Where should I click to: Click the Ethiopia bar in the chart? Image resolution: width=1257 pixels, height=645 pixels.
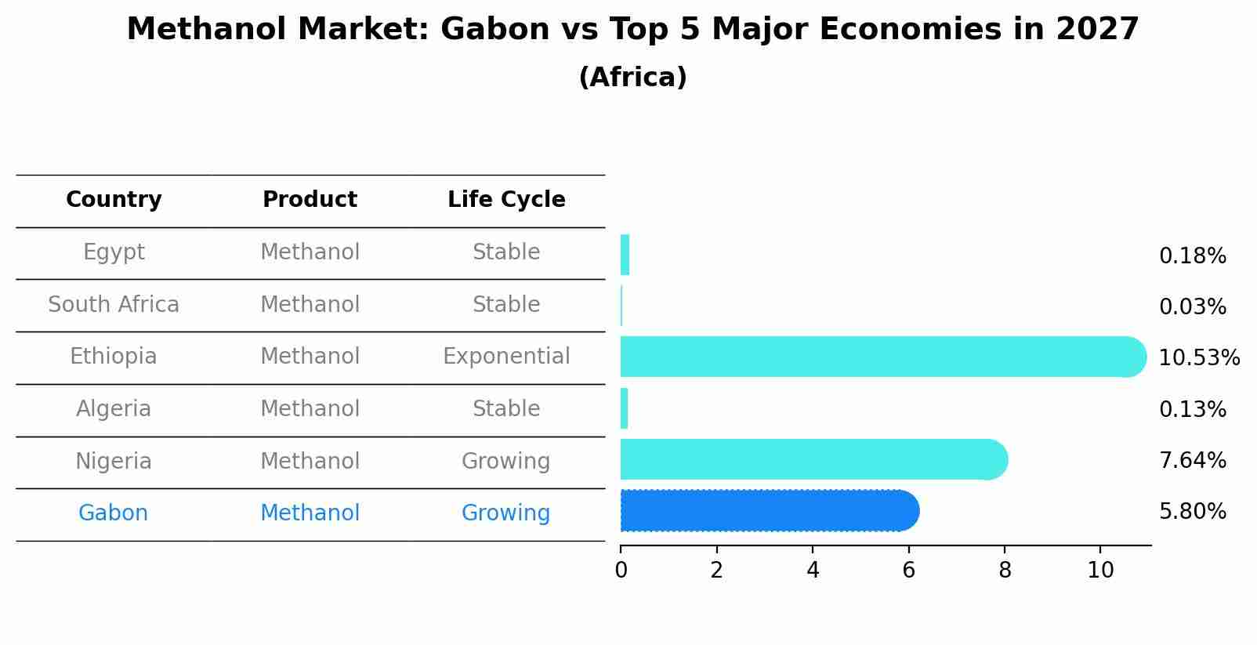883,357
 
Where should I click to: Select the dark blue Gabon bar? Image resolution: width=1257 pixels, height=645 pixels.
770,510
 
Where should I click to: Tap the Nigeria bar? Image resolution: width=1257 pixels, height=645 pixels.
814,459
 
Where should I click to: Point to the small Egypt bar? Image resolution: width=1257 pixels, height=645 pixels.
625,255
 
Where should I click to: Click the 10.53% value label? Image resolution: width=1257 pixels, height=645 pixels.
1199,357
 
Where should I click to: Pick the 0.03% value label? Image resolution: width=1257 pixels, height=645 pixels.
1193,306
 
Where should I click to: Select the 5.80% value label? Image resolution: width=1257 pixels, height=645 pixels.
1193,512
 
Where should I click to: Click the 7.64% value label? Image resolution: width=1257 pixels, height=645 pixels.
1193,460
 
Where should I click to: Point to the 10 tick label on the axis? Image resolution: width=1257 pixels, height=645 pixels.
1100,571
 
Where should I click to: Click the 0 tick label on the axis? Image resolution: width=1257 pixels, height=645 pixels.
621,571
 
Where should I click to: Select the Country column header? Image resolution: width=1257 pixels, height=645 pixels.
114,200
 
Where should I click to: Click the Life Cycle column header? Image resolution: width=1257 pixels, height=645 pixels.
506,199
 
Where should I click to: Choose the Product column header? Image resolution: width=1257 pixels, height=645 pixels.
310,199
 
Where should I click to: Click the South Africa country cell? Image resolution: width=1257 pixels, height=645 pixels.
114,304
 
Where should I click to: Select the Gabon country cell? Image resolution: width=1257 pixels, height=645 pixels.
114,513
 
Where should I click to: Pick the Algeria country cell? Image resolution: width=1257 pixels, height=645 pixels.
114,409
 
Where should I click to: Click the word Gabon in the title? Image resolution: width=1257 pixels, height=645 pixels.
495,29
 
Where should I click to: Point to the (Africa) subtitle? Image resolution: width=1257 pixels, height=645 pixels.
632,78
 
